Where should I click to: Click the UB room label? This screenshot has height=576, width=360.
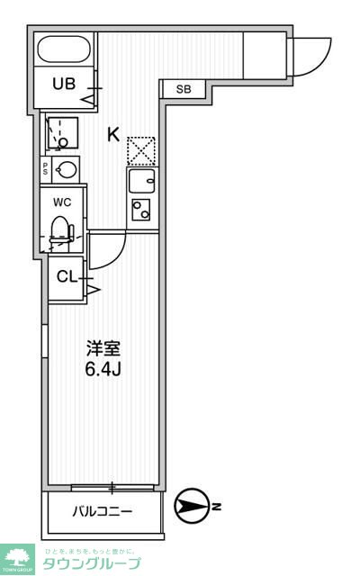pyautogui.click(x=63, y=85)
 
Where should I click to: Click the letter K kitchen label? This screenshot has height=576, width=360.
pyautogui.click(x=113, y=135)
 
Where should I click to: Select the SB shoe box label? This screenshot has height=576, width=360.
pyautogui.click(x=184, y=89)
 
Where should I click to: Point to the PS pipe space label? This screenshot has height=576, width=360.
pyautogui.click(x=45, y=168)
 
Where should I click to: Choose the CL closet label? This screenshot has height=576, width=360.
pyautogui.click(x=67, y=276)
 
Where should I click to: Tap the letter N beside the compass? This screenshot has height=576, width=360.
pyautogui.click(x=216, y=508)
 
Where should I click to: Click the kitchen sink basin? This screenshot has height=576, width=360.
pyautogui.click(x=141, y=182)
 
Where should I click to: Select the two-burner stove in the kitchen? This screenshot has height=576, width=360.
pyautogui.click(x=141, y=210)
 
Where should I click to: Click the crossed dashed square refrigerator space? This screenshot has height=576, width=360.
pyautogui.click(x=141, y=150)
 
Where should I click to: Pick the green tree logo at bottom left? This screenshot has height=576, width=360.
pyautogui.click(x=17, y=557)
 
